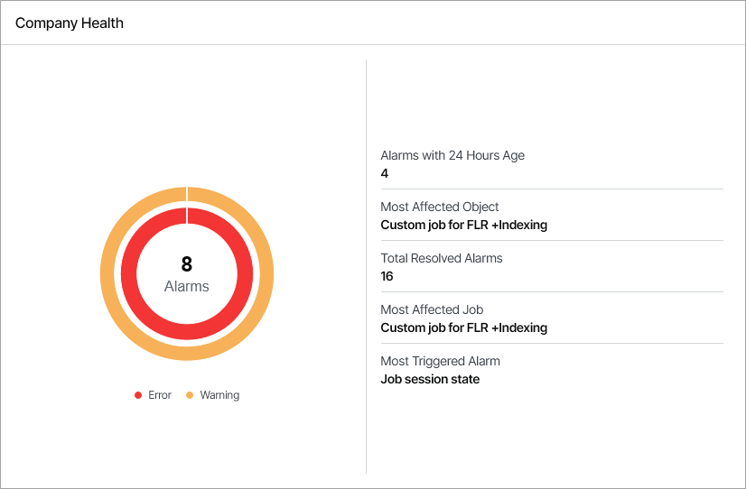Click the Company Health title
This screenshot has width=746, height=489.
tap(70, 23)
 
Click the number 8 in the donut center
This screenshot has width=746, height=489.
tap(187, 264)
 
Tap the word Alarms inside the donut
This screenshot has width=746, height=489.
tap(187, 286)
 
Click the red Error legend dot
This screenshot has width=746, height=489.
tap(138, 395)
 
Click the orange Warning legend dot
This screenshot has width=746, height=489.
tap(190, 395)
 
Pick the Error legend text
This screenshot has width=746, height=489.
tap(159, 395)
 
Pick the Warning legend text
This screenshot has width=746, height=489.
tap(219, 395)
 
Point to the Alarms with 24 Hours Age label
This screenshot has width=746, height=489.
tap(452, 155)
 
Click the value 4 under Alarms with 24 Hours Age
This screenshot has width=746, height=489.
tap(385, 173)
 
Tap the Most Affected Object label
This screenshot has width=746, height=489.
tap(440, 207)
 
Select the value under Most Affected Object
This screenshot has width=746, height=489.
tap(463, 225)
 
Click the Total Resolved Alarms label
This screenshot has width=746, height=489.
tap(442, 258)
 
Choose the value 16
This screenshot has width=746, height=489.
tap(387, 276)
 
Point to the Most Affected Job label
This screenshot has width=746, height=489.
tap(432, 309)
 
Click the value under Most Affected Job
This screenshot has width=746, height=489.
tap(463, 328)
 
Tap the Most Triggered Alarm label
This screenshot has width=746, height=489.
tap(440, 361)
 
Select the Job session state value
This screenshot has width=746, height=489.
tap(430, 379)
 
